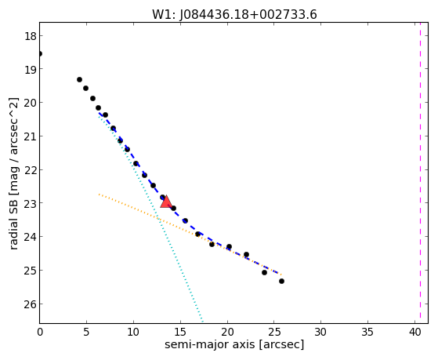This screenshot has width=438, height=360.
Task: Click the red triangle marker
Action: click(166, 202)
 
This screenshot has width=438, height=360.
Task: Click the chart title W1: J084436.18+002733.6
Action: click(234, 15)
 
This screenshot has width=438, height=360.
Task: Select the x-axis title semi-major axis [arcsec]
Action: click(234, 344)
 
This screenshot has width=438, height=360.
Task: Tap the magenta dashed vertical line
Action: click(420, 173)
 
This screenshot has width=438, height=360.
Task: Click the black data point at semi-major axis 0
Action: click(40, 53)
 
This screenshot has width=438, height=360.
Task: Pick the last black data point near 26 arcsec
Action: click(281, 281)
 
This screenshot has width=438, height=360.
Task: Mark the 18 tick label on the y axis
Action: click(30, 36)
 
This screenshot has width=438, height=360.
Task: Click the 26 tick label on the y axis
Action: click(30, 304)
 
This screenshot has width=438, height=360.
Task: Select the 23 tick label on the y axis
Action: click(30, 203)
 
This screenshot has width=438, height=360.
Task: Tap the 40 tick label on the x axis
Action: click(414, 332)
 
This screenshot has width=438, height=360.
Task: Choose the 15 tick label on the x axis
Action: click(180, 332)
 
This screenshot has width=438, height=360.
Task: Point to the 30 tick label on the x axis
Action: click(321, 332)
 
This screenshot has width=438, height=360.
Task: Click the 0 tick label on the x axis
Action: click(40, 332)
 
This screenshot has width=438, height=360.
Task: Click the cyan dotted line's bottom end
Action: click(202, 322)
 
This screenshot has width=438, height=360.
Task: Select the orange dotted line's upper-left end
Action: click(99, 195)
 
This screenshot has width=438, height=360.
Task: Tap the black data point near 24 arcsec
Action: click(264, 272)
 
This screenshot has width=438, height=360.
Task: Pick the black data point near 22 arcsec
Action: click(246, 255)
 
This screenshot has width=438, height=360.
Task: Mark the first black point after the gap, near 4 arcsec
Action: click(79, 80)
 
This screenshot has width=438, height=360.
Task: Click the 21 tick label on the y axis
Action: click(30, 136)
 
